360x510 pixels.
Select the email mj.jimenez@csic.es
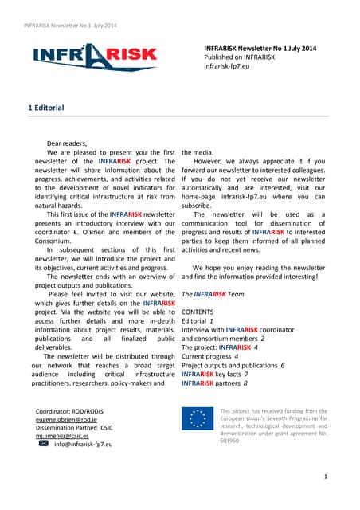62,437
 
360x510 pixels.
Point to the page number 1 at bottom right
327,476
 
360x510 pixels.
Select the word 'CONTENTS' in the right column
198,311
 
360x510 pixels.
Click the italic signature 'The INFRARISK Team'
213,294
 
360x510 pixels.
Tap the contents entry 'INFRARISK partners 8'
215,383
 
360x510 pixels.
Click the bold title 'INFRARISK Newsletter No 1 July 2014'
260,49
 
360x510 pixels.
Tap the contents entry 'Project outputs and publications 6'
233,366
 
